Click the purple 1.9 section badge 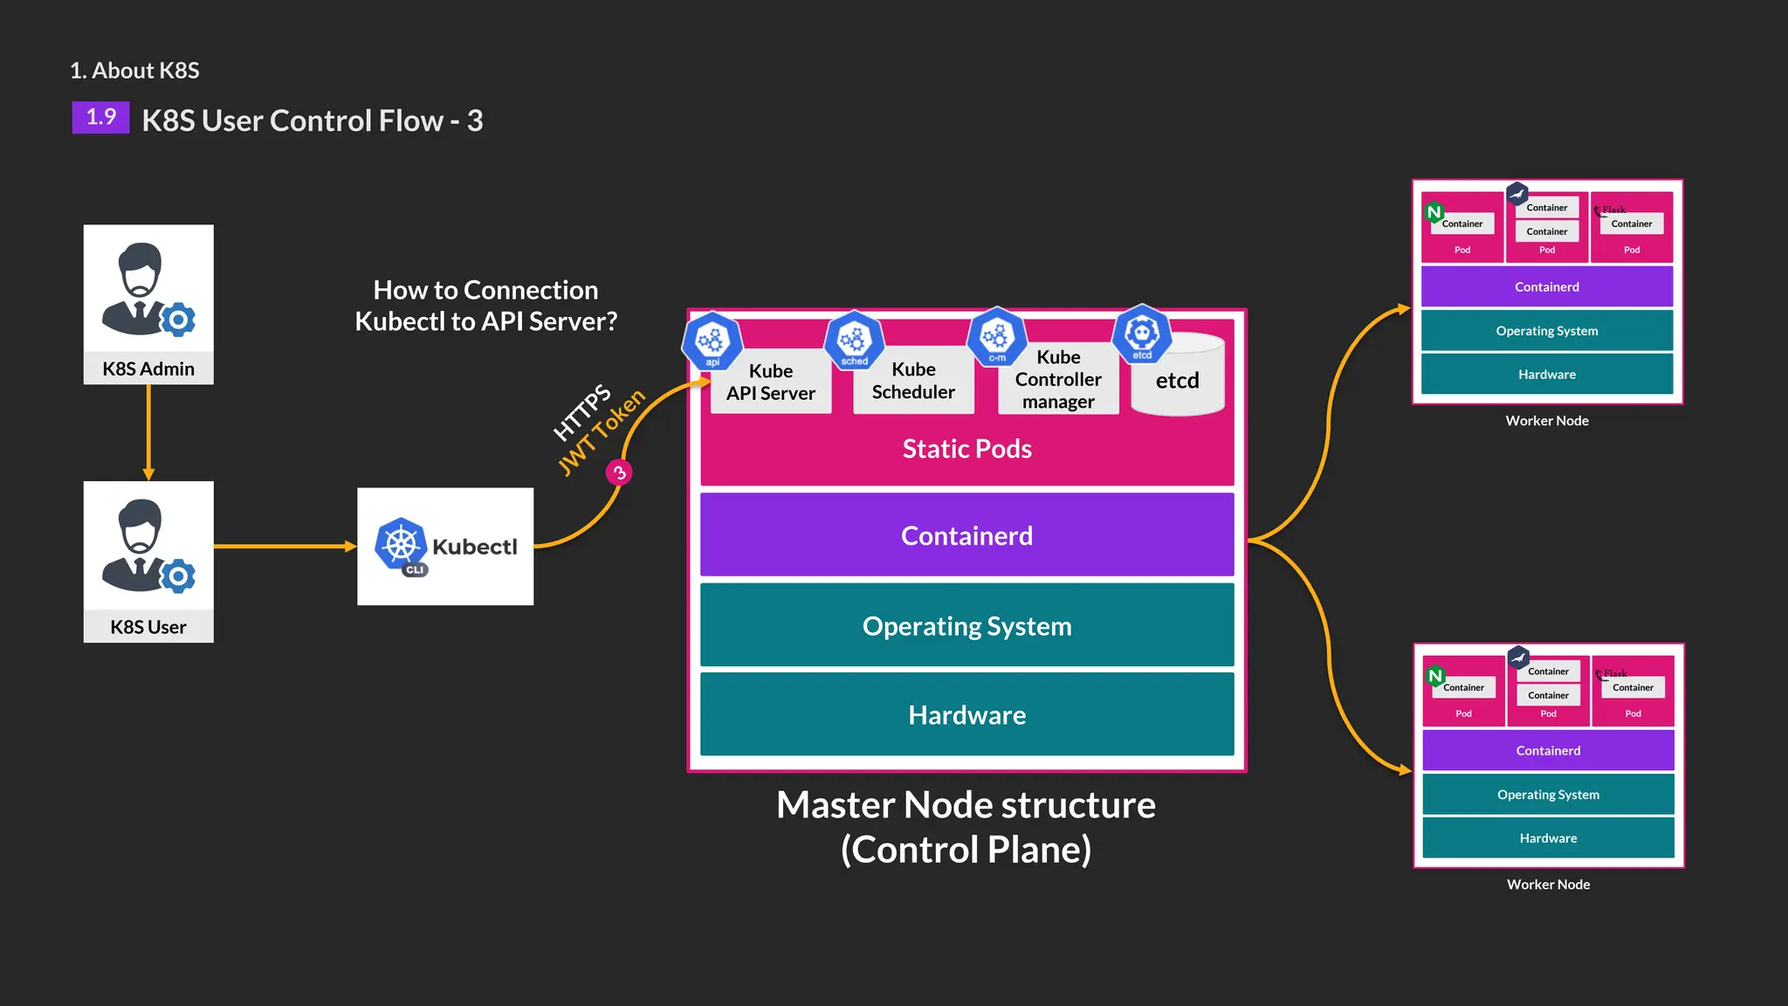100,117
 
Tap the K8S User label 148,627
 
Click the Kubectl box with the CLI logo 445,547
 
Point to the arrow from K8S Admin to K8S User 148,432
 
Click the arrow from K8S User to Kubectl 285,547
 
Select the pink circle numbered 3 619,472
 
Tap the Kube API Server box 771,382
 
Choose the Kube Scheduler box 913,381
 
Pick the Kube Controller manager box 1058,380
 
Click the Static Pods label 966,449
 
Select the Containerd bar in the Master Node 966,535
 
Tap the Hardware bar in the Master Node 966,715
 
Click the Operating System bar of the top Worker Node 1546,331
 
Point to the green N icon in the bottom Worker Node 1435,676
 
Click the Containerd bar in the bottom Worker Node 1548,751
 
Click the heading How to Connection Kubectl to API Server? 485,306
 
